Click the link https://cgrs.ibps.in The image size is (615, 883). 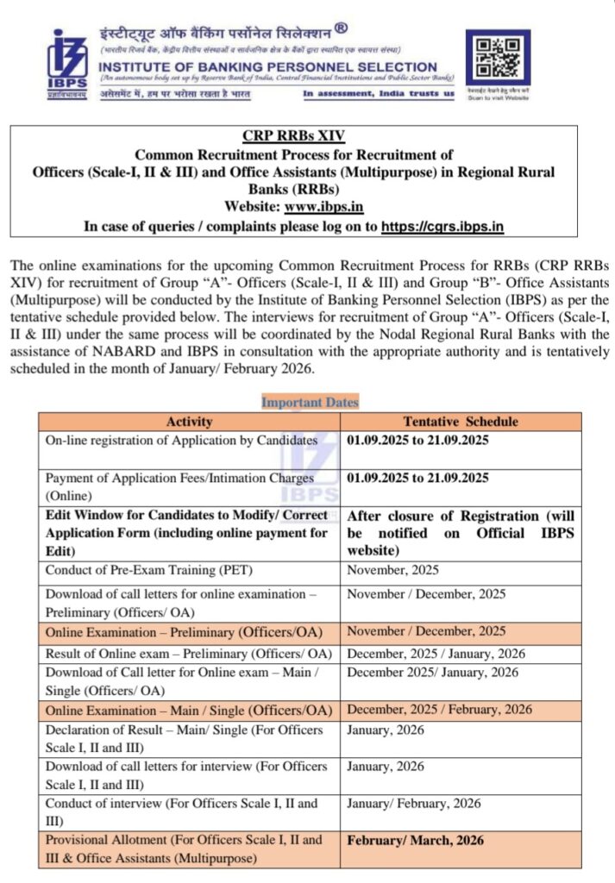coord(442,227)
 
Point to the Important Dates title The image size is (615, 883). coord(310,402)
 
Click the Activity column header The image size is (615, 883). coord(189,422)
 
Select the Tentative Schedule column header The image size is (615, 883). coord(461,422)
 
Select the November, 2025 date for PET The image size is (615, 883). coord(392,570)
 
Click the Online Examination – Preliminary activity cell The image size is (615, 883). coord(188,632)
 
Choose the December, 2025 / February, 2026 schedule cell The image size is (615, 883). coord(439,710)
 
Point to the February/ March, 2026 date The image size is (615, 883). coord(415,840)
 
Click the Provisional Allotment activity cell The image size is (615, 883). coord(188,849)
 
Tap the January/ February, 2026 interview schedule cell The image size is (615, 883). coord(414,803)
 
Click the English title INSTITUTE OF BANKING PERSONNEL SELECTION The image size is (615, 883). coord(267,66)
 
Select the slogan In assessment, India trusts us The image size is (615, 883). coord(378,93)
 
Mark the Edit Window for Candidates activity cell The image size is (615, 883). coord(188,533)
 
